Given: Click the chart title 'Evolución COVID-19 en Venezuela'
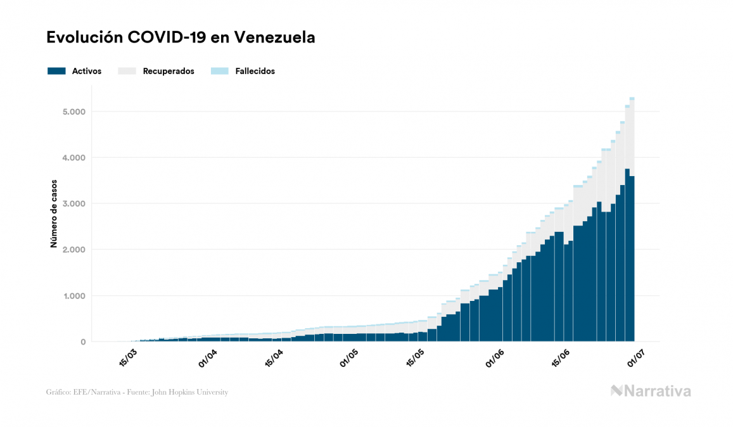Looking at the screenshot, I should point(181,37).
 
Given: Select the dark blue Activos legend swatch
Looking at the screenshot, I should point(56,71).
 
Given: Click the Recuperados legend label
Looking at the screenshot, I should point(169,71).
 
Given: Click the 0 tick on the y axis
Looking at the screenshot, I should point(83,342).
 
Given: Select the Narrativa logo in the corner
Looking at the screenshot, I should point(651,391).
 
